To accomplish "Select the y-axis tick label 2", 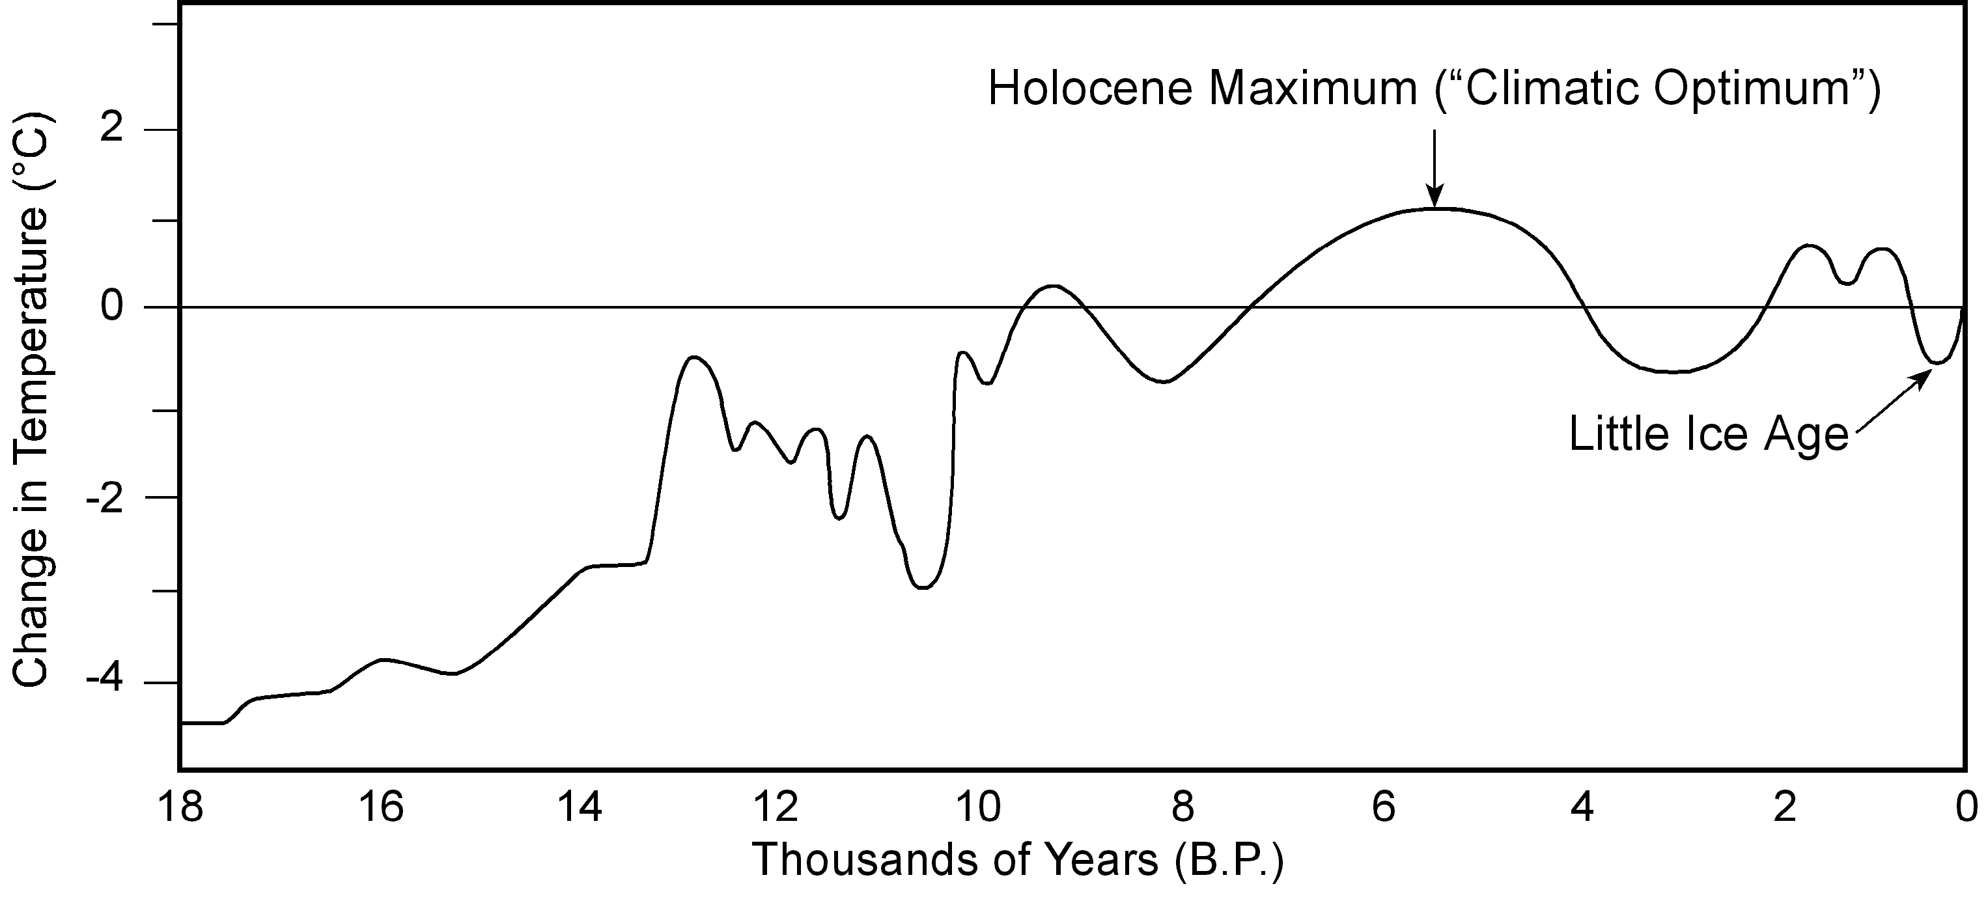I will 113,128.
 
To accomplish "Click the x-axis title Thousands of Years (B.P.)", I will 1018,859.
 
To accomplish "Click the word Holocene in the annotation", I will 1091,89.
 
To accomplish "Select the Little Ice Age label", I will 1708,434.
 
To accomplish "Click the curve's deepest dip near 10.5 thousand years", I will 923,588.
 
